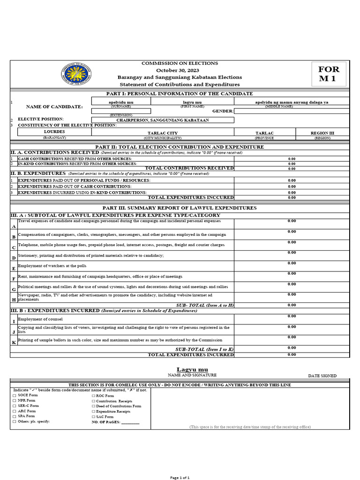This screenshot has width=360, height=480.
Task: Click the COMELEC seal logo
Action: [x=76, y=75]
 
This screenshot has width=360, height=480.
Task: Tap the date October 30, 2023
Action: [x=180, y=70]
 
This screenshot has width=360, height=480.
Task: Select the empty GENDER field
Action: [x=291, y=111]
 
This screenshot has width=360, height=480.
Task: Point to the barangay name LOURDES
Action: [x=54, y=132]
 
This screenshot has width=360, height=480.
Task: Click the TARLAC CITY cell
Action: [x=163, y=133]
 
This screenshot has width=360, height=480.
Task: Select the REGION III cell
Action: [x=322, y=133]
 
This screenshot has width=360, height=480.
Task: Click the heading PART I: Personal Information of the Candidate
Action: [x=180, y=94]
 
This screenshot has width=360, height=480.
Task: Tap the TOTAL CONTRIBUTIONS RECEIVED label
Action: [x=189, y=168]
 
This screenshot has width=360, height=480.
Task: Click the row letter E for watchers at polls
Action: [x=14, y=269]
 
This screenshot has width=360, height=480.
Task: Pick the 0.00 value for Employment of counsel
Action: [x=292, y=316]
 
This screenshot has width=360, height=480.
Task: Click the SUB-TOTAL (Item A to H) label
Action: [x=204, y=305]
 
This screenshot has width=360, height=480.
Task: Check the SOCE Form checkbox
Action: [x=14, y=396]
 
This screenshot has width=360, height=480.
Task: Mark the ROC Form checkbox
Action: [x=93, y=396]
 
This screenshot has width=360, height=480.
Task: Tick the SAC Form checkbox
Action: [x=93, y=417]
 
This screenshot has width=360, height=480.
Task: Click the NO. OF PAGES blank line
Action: [x=130, y=422]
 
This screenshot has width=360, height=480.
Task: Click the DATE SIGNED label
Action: [x=322, y=376]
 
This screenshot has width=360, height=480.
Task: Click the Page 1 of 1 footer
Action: [x=180, y=477]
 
